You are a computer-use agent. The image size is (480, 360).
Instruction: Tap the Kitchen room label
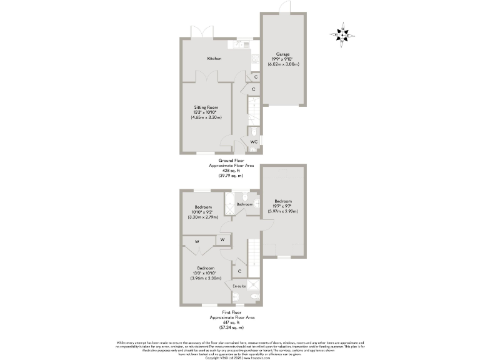pyautogui.click(x=214, y=58)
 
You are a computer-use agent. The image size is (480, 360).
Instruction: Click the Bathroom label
pyautogui.click(x=244, y=204)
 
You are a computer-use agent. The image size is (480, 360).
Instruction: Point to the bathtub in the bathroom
pyautogui.click(x=229, y=204)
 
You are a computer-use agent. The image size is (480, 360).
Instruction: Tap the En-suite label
pyautogui.click(x=239, y=286)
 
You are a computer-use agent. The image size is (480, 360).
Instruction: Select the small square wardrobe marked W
pyautogui.click(x=222, y=239)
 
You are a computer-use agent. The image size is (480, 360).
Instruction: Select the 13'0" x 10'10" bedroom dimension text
pyautogui.click(x=206, y=273)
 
